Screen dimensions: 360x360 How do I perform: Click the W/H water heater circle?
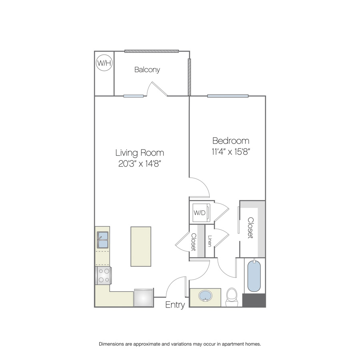click(104, 63)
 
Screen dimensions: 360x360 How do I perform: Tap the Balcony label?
click(147, 70)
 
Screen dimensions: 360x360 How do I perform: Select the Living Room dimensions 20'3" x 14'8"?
click(140, 164)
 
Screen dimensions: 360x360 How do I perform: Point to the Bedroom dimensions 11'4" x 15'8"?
click(231, 152)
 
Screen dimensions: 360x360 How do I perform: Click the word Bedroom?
click(231, 141)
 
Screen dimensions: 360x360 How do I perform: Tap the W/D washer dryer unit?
click(201, 213)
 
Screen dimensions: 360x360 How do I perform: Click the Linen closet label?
click(209, 241)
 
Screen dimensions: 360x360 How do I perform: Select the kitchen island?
click(141, 246)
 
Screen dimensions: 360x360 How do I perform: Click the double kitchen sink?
click(103, 240)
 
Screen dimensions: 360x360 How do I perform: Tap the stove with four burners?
click(104, 276)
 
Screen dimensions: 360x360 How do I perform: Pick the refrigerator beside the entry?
click(143, 298)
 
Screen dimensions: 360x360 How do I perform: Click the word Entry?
click(175, 305)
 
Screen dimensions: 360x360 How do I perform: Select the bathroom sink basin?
click(205, 296)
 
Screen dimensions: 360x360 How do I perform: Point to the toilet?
click(232, 297)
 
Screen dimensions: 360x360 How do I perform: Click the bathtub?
click(254, 276)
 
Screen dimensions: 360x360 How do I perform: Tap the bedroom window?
click(228, 96)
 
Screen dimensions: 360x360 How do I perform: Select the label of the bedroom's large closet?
click(250, 228)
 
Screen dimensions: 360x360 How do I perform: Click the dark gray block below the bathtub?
click(254, 300)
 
